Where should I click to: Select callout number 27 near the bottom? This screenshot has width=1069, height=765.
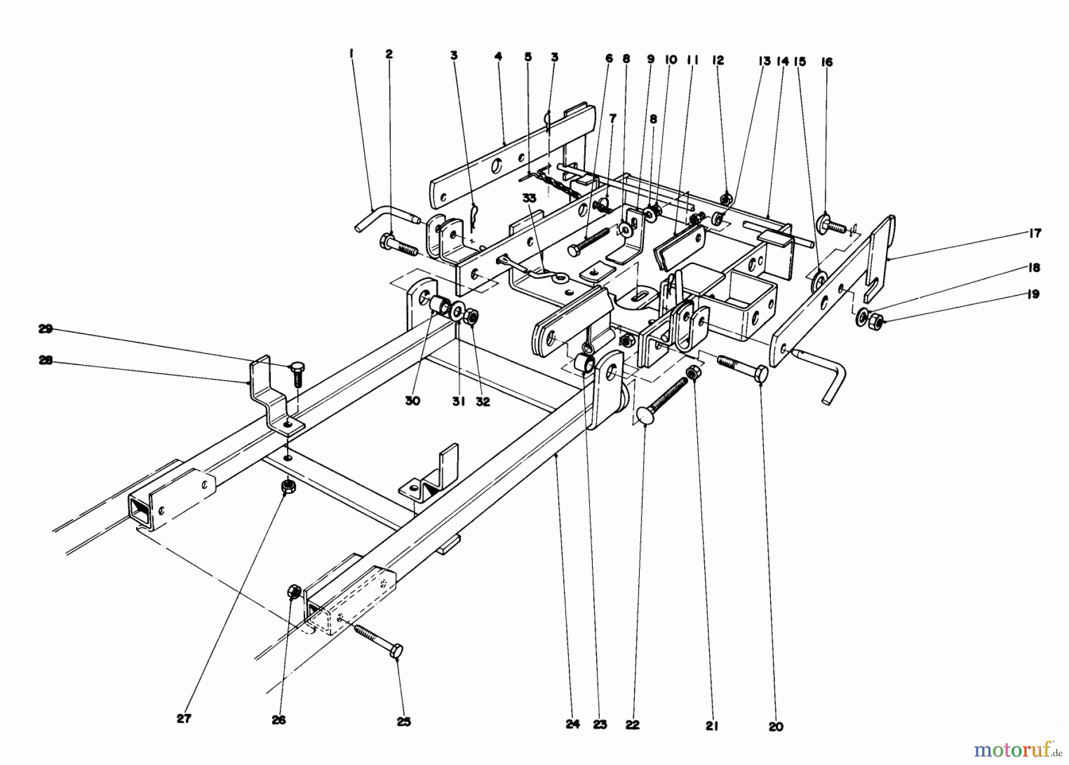184,718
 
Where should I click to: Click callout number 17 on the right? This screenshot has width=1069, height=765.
1035,234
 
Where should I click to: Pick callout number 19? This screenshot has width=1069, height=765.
1034,294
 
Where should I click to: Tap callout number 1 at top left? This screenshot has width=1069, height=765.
352,53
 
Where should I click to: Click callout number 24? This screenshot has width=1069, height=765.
573,725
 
